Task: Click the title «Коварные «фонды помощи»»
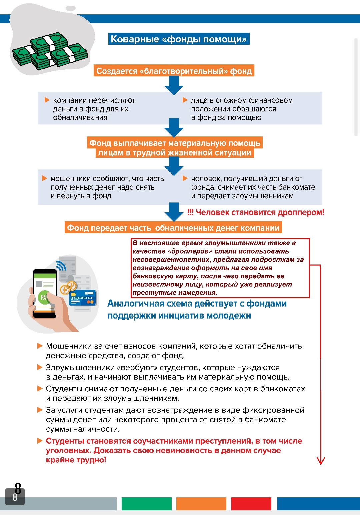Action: pos(179,39)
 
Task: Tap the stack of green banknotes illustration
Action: pos(50,52)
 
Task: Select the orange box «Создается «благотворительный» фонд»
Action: pos(174,71)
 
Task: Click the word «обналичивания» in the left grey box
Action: pos(80,117)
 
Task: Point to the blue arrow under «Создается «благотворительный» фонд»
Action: pos(174,85)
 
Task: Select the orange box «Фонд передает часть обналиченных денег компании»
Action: pos(173,228)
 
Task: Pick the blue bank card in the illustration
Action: pos(82,297)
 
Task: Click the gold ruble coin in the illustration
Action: pos(66,289)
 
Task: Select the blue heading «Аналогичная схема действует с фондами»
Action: pos(197,304)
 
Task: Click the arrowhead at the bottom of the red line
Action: pos(321,461)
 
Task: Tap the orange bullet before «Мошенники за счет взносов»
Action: pos(40,346)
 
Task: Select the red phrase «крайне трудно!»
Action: pos(76,460)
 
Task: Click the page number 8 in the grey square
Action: pos(15,497)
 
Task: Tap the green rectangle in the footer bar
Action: pos(146,504)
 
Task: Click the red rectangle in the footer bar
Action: pos(251,504)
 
